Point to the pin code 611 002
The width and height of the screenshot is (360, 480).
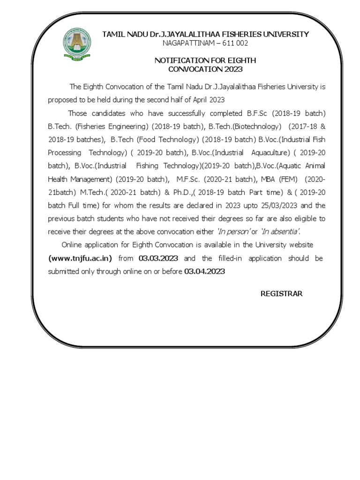(x=234, y=43)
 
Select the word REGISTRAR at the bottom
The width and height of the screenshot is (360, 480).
(x=281, y=294)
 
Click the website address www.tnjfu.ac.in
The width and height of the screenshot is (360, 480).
(x=80, y=258)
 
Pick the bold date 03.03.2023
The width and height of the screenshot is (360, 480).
(x=158, y=258)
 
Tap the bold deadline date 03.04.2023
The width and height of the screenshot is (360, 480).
(x=204, y=271)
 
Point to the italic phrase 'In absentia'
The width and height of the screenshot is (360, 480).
(x=280, y=232)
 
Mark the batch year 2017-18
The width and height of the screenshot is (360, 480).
(x=303, y=127)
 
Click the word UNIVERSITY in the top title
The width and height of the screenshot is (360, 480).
(x=284, y=34)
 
